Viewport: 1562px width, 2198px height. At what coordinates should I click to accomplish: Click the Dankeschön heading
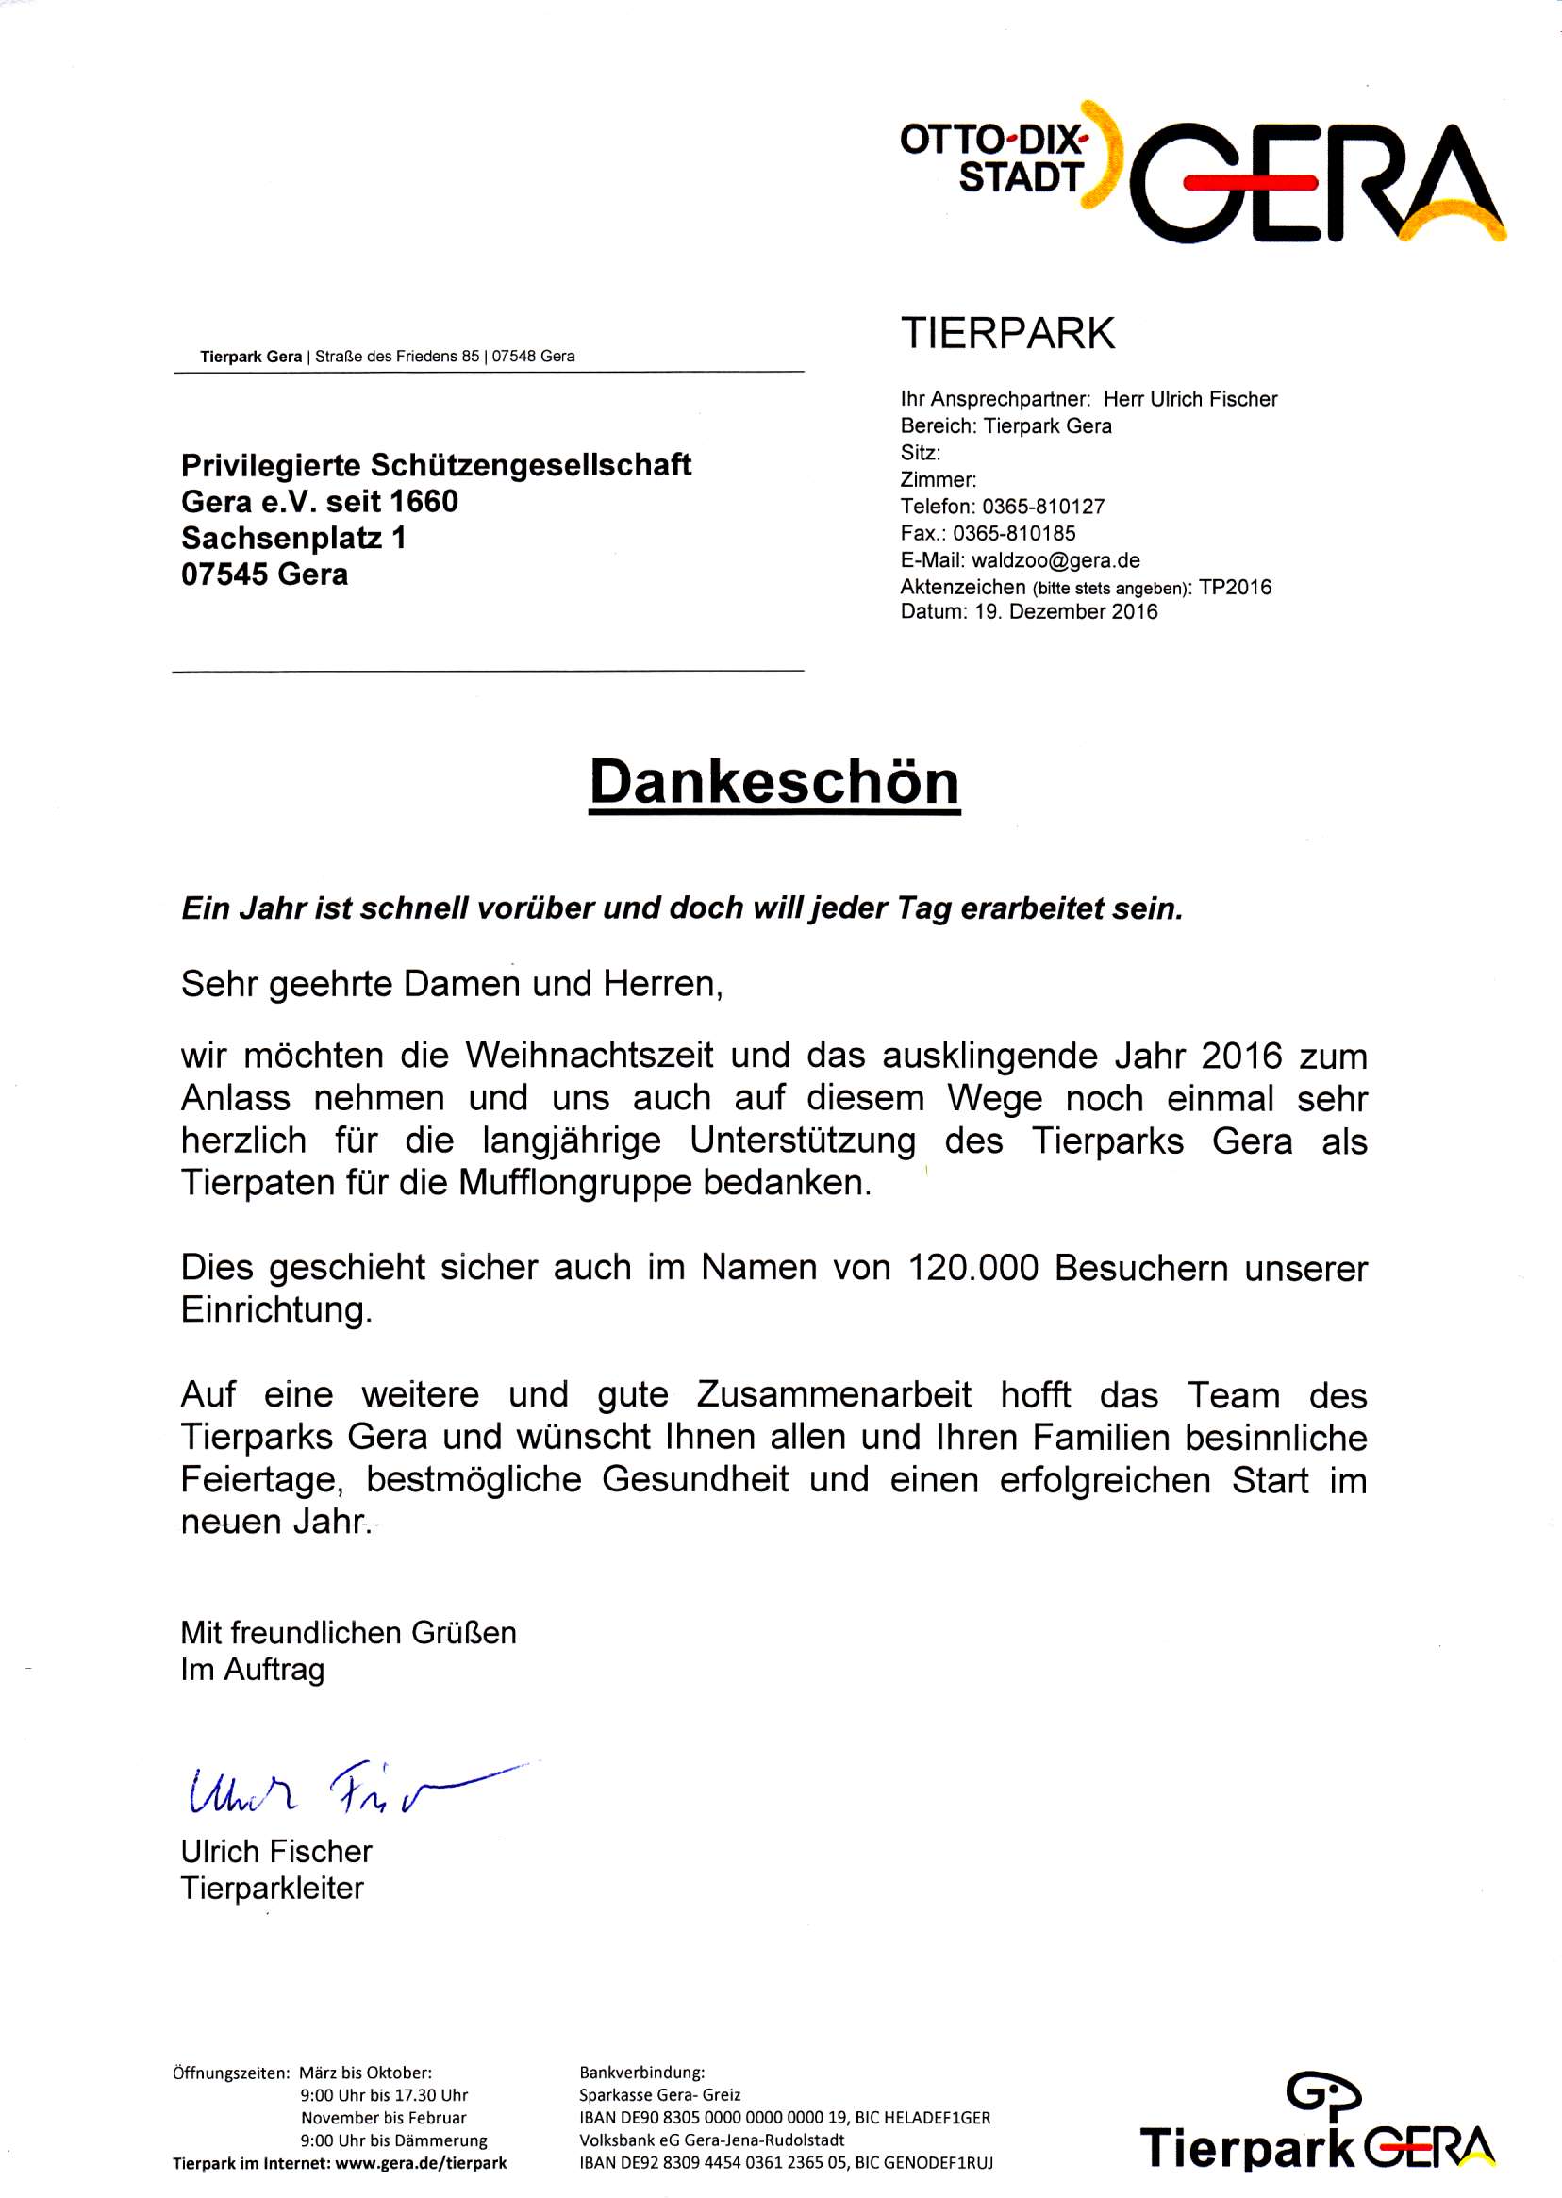tap(774, 783)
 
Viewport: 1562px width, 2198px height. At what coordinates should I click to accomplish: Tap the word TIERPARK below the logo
tap(1007, 334)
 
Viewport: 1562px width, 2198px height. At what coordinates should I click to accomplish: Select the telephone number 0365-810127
tap(1043, 506)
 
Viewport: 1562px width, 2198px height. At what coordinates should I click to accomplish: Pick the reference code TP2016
tap(1235, 587)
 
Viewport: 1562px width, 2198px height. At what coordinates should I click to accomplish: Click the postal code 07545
tap(225, 574)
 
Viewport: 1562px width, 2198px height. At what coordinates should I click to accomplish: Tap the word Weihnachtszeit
tap(590, 1056)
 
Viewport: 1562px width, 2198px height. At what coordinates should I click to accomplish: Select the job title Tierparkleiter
tap(273, 1889)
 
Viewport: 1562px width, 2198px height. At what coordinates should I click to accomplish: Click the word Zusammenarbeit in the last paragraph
tap(834, 1395)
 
